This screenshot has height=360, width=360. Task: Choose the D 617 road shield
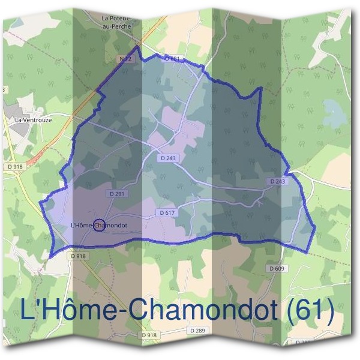click(x=167, y=213)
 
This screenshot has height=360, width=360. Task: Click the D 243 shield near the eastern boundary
click(x=277, y=181)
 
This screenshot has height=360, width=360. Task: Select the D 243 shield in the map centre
click(x=170, y=158)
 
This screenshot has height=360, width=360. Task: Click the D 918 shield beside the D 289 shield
click(x=149, y=334)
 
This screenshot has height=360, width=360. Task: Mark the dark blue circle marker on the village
click(x=99, y=226)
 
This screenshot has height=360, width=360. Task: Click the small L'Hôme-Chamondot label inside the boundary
click(x=99, y=226)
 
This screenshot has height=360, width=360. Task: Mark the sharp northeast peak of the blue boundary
click(x=262, y=88)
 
